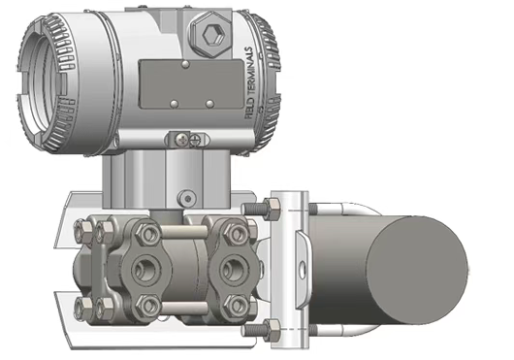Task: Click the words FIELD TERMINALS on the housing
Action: [x=249, y=82]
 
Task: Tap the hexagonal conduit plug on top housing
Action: [x=211, y=34]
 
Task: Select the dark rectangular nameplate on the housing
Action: [x=191, y=84]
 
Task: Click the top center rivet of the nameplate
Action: [x=185, y=64]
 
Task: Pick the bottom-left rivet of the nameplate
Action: [x=175, y=104]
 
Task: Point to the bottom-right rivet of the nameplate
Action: [x=209, y=104]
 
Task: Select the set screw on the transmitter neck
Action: [x=187, y=198]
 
